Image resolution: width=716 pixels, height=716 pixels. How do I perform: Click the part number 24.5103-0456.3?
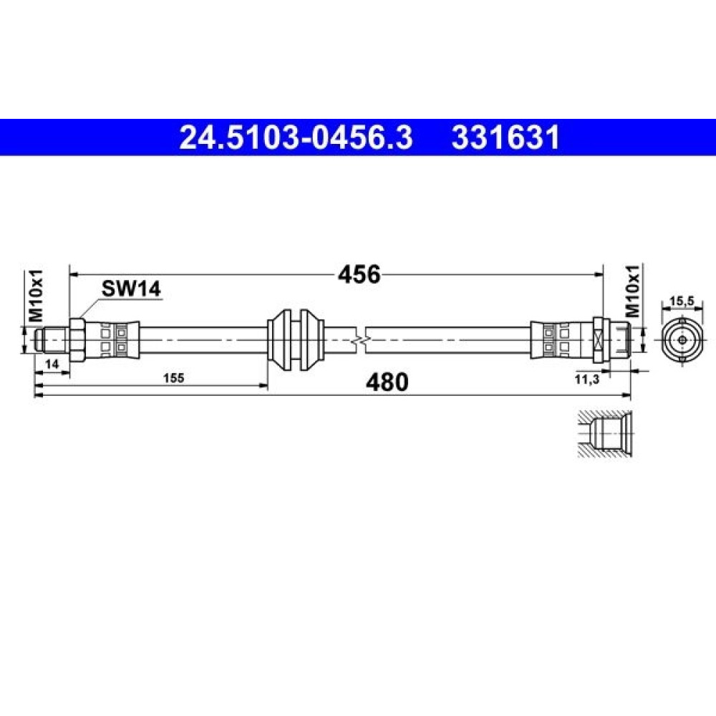coord(296,137)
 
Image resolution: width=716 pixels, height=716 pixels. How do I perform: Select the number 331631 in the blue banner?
coord(505,137)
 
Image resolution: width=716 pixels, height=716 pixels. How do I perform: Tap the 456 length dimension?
coord(359,274)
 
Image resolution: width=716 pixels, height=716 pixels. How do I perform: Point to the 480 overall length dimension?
coord(387,382)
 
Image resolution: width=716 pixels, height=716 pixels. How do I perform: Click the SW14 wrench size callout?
coord(131,289)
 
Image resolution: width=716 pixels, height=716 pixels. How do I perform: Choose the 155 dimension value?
coord(173,378)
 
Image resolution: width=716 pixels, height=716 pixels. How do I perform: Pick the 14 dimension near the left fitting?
coord(52,364)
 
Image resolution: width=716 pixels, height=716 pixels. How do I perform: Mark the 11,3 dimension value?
coord(586,379)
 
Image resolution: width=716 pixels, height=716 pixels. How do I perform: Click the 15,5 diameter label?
coord(682,301)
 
